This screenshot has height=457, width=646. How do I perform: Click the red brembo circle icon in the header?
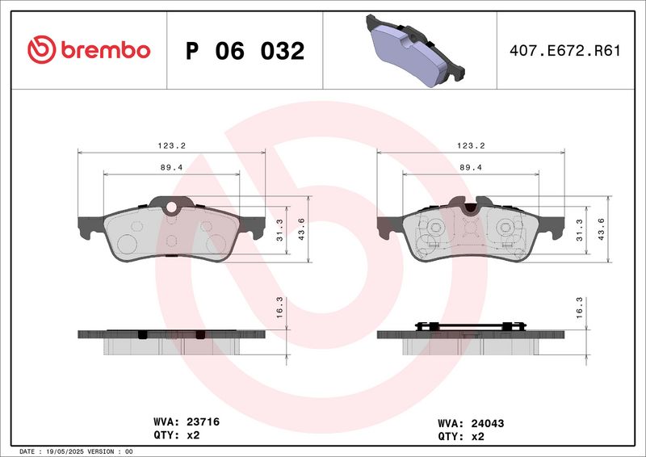pos(40,49)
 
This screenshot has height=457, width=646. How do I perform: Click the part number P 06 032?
pos(245,51)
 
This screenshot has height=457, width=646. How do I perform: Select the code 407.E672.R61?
pos(565,51)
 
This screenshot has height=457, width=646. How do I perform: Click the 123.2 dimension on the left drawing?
pos(172,145)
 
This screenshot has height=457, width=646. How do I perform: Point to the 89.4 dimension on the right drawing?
pos(472,167)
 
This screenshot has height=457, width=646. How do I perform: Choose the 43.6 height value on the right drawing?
pos(602,229)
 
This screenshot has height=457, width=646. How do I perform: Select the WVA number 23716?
pos(203,421)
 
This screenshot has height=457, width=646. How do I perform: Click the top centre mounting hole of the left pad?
pos(171,209)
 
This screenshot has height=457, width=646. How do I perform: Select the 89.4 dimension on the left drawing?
pos(172,167)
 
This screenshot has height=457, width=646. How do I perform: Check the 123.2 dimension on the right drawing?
pos(472,145)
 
